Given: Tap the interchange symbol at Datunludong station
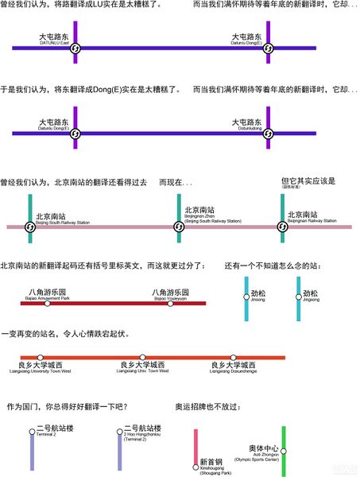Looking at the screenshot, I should (269, 133).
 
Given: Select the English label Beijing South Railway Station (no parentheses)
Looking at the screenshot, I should (62, 223).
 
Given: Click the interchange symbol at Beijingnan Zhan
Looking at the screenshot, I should (180, 227).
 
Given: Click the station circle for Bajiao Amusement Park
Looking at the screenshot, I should (48, 303).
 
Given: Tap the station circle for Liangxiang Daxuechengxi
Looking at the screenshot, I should (234, 358).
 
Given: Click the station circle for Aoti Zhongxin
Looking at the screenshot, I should (284, 451).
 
